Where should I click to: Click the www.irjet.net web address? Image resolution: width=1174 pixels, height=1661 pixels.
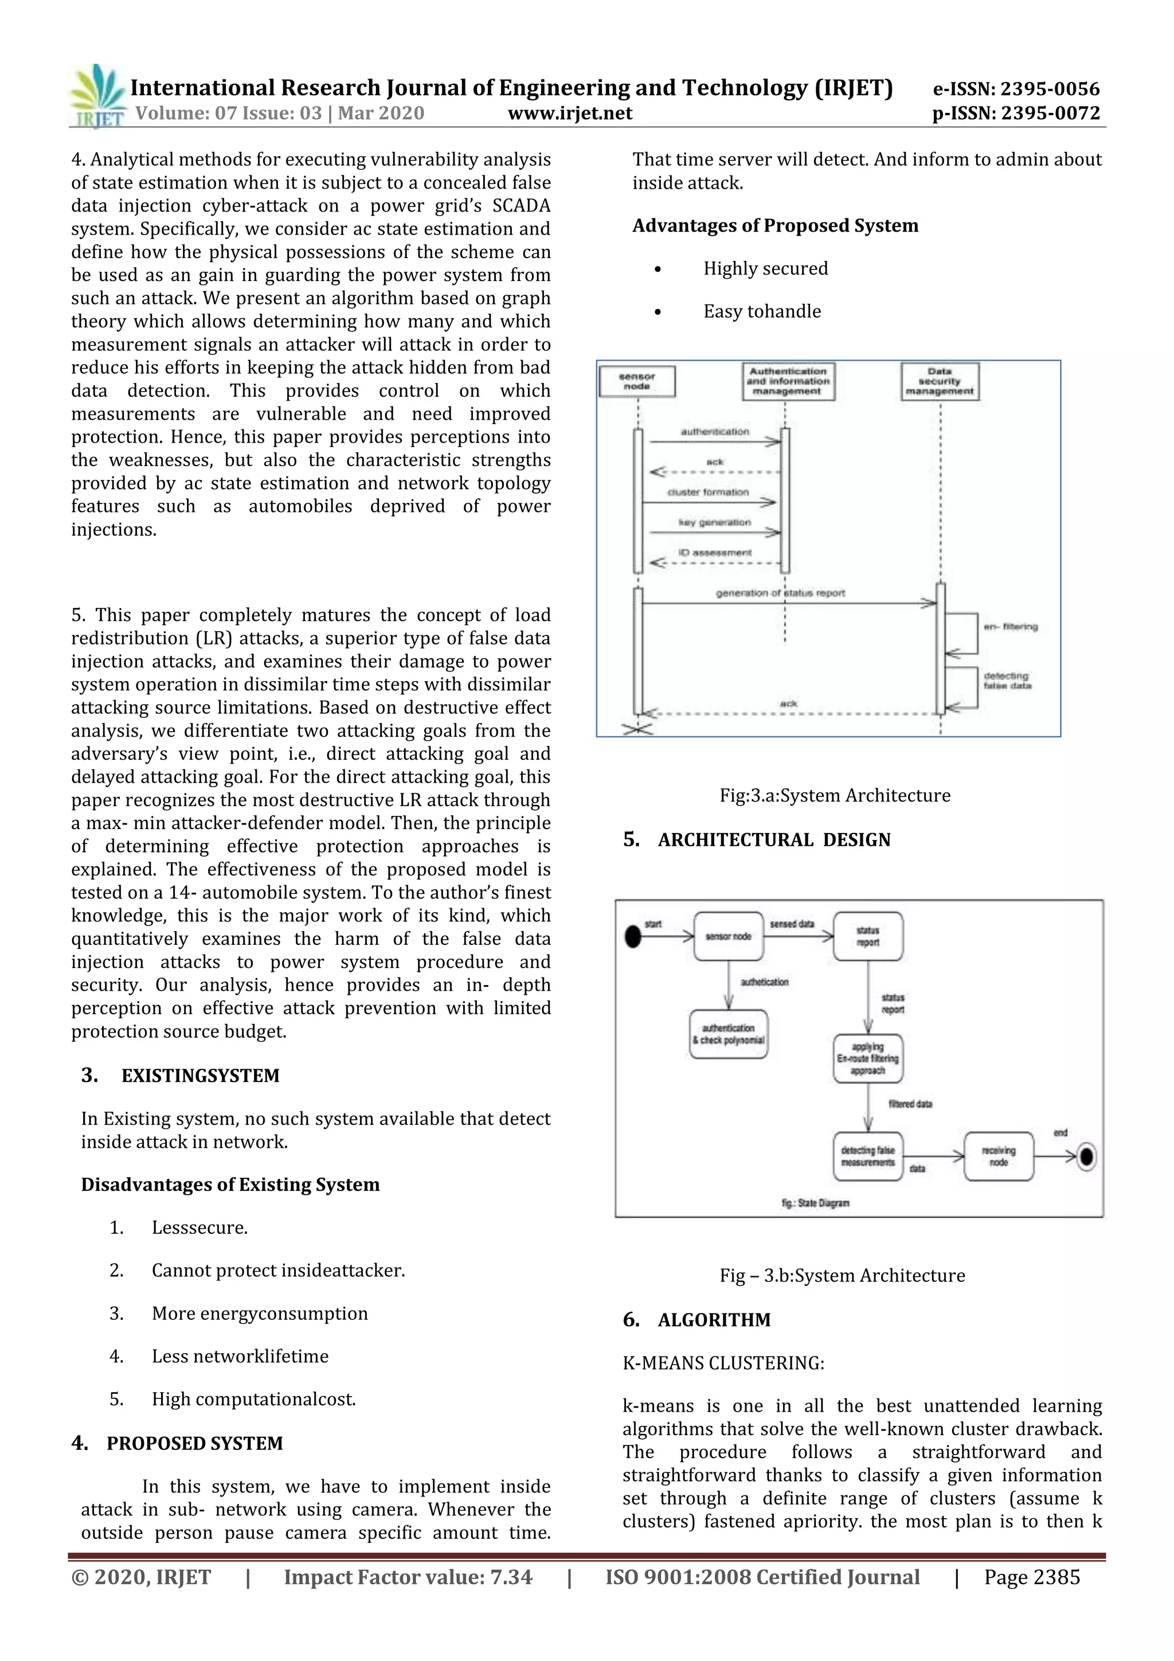[570, 113]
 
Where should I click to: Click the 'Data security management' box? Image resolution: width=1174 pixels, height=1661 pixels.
[940, 381]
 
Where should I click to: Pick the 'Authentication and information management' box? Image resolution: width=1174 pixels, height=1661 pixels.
[788, 381]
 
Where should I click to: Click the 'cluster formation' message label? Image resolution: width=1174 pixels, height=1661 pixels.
[707, 492]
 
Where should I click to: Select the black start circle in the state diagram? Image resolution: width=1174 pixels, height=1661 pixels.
[633, 936]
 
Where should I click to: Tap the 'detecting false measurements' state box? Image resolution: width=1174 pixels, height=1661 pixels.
[867, 1156]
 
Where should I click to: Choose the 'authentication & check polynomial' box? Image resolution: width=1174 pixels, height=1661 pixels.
[729, 1034]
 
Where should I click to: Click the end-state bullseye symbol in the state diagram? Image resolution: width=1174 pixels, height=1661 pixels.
[1086, 1157]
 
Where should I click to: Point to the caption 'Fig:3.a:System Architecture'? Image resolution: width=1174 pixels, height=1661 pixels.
[835, 795]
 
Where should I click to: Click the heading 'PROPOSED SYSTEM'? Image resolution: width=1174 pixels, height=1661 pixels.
[194, 1443]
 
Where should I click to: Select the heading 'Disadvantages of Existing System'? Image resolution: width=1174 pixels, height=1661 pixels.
[230, 1185]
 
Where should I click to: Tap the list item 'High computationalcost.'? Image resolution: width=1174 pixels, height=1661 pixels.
[253, 1399]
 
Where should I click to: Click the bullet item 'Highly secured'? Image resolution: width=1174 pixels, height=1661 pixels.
[765, 268]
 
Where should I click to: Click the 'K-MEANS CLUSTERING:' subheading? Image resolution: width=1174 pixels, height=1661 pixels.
[723, 1363]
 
